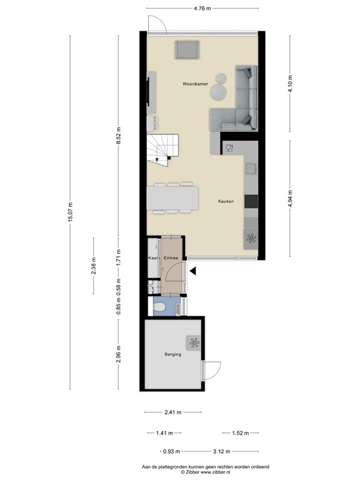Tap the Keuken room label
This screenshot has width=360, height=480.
226,201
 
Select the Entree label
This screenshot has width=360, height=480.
171,257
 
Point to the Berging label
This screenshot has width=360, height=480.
172,354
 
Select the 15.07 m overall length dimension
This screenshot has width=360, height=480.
71,212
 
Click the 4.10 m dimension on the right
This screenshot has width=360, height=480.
289,84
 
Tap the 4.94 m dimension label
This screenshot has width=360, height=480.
289,198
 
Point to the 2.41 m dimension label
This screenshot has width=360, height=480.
172,412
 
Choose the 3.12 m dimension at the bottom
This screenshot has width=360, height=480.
221,451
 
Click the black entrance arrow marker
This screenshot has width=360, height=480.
193,271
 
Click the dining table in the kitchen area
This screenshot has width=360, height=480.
174,198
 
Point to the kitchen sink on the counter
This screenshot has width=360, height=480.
229,148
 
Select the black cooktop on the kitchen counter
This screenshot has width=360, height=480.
251,201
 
